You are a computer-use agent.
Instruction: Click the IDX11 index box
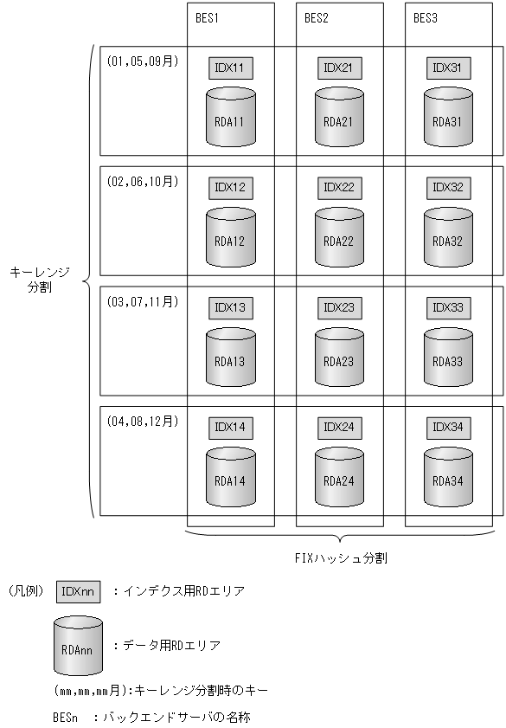tap(230, 67)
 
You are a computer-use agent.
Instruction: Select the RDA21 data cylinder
tap(338, 116)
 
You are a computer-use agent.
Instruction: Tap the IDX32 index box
tap(448, 187)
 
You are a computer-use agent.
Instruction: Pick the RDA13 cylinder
tap(230, 356)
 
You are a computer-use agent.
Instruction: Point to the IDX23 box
tap(338, 307)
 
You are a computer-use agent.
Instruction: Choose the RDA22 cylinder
tap(338, 236)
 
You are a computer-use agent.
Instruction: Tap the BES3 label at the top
tap(426, 17)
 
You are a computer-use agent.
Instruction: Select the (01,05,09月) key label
tap(142, 61)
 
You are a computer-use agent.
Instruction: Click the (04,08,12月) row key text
tap(142, 422)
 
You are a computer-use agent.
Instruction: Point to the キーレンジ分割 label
tap(39, 280)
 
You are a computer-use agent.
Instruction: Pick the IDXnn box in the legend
tap(79, 592)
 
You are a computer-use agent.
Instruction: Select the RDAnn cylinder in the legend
tap(78, 644)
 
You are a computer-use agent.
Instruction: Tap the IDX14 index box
tap(230, 428)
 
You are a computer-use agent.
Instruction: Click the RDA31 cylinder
tap(448, 116)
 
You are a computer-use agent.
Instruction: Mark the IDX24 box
tap(338, 428)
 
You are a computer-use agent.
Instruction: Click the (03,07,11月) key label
tap(142, 301)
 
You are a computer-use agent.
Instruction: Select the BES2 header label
tap(317, 17)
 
